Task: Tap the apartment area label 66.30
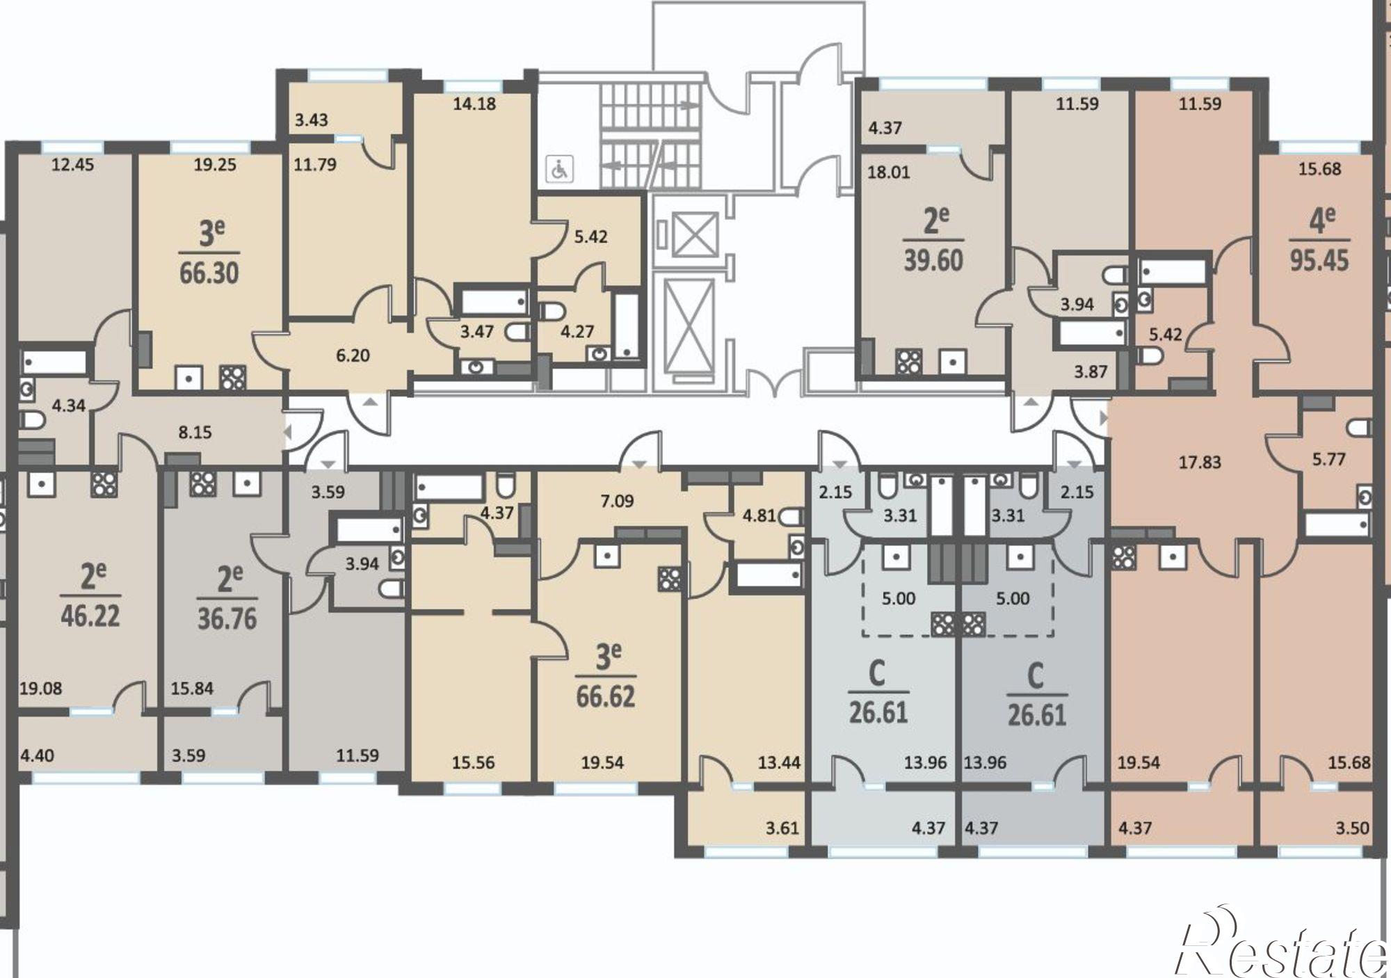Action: coord(209,273)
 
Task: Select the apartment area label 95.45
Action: coord(1319,260)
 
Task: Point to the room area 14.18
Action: coord(474,104)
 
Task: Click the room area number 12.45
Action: coord(73,165)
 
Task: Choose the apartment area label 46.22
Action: coord(90,616)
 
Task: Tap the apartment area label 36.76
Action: coord(227,618)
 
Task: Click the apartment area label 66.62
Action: coord(606,696)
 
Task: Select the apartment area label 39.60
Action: coord(933,260)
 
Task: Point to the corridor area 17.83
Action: coord(1200,462)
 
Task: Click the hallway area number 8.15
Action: coord(195,432)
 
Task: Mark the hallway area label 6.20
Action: coord(353,355)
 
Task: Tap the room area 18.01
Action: coord(889,172)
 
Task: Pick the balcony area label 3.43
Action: coord(311,120)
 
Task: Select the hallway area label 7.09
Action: coord(617,501)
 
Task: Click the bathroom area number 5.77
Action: coord(1328,459)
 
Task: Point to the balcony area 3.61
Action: coord(782,828)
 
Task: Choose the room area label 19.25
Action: coord(215,165)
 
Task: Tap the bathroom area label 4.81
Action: coord(759,517)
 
